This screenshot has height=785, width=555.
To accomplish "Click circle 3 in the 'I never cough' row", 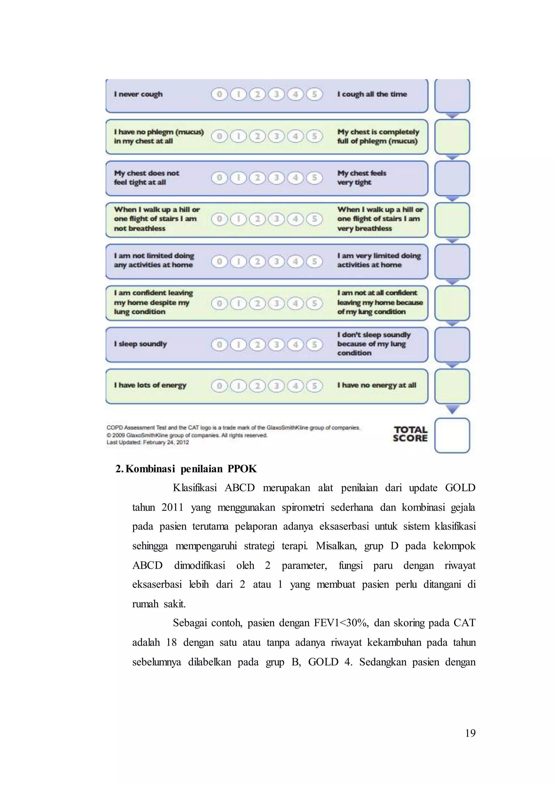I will click(276, 94).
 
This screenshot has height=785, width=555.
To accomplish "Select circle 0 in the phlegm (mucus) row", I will click(220, 136).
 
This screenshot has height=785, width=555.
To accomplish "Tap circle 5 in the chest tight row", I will click(314, 178).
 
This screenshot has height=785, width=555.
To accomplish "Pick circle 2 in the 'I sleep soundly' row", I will click(257, 344).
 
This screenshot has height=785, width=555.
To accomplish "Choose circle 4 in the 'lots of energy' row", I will click(295, 386).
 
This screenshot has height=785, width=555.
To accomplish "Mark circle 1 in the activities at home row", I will click(238, 262).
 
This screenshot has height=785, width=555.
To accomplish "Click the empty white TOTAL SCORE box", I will click(452, 435).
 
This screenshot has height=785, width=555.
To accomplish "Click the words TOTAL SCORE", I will click(410, 434).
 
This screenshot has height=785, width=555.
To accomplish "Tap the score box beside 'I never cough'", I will click(452, 96).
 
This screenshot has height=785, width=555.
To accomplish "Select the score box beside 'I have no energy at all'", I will click(452, 386).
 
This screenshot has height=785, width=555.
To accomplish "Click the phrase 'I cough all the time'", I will click(372, 94).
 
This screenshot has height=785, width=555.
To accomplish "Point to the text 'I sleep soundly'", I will click(140, 344).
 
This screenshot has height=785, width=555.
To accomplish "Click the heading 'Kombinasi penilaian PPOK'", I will click(191, 469).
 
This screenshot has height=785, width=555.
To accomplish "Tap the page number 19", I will click(470, 733).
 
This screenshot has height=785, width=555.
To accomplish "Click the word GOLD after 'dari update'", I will click(460, 488).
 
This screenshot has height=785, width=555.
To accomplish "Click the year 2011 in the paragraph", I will click(172, 507).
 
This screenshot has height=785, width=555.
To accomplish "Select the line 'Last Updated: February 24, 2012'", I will click(148, 442).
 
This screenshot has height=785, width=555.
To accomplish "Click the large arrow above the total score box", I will click(452, 409).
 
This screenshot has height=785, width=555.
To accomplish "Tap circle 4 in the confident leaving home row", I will click(295, 303).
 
